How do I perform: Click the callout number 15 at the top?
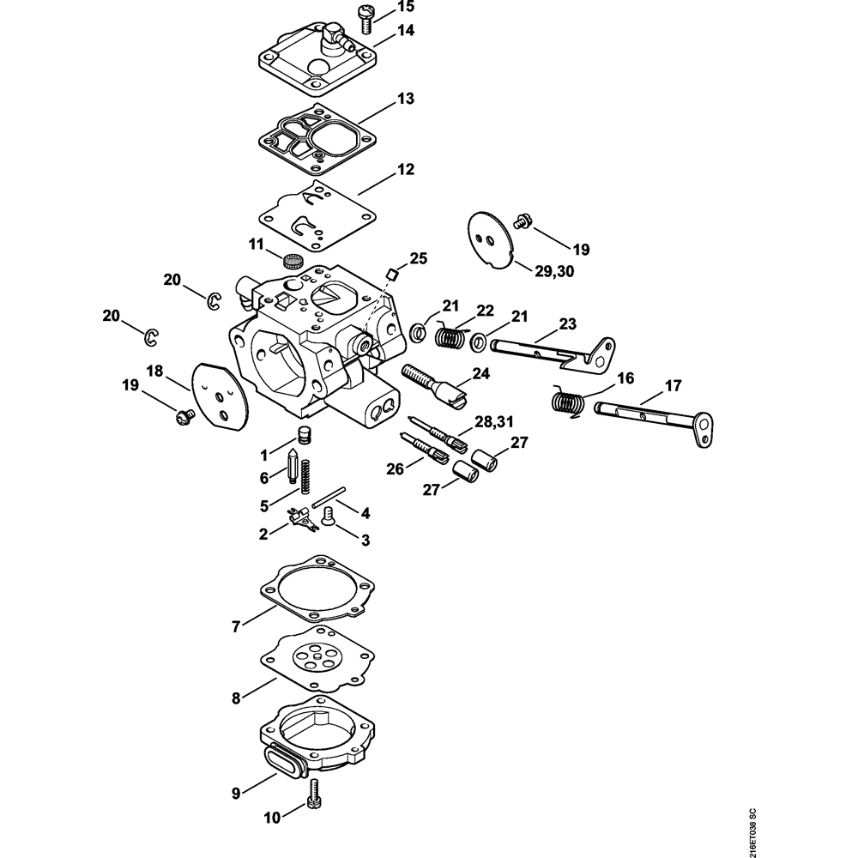tap(406, 7)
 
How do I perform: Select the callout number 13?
tap(406, 99)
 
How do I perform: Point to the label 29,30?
tap(554, 271)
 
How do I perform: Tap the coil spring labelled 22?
tap(450, 336)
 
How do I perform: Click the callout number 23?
tap(567, 324)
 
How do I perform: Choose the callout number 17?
tap(673, 386)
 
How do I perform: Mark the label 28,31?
tap(494, 421)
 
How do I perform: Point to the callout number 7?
tap(236, 626)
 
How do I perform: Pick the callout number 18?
tap(154, 371)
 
